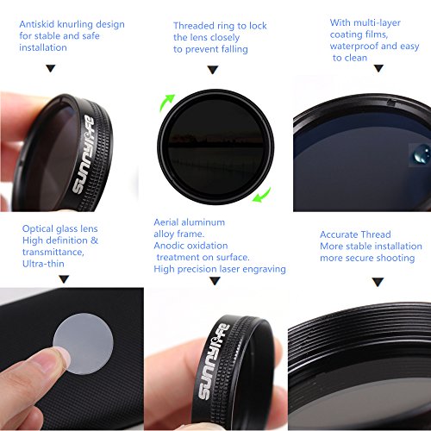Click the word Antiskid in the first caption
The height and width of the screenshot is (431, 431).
[x=36, y=24]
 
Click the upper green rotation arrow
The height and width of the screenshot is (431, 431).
[x=167, y=102]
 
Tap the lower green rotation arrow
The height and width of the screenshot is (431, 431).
[x=262, y=195]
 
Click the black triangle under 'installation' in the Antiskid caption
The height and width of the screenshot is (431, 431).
[x=51, y=68]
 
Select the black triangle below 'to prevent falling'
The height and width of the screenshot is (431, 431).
[x=213, y=70]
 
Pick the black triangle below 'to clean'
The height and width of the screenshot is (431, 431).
[x=378, y=68]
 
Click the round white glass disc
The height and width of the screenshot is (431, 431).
[x=83, y=343]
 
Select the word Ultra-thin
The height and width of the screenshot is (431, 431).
[x=43, y=264]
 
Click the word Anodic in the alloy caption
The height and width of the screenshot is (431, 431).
[x=167, y=246]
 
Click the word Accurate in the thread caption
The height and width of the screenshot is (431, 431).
[x=337, y=234]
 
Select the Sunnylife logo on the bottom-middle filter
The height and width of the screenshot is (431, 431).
[x=214, y=361]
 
